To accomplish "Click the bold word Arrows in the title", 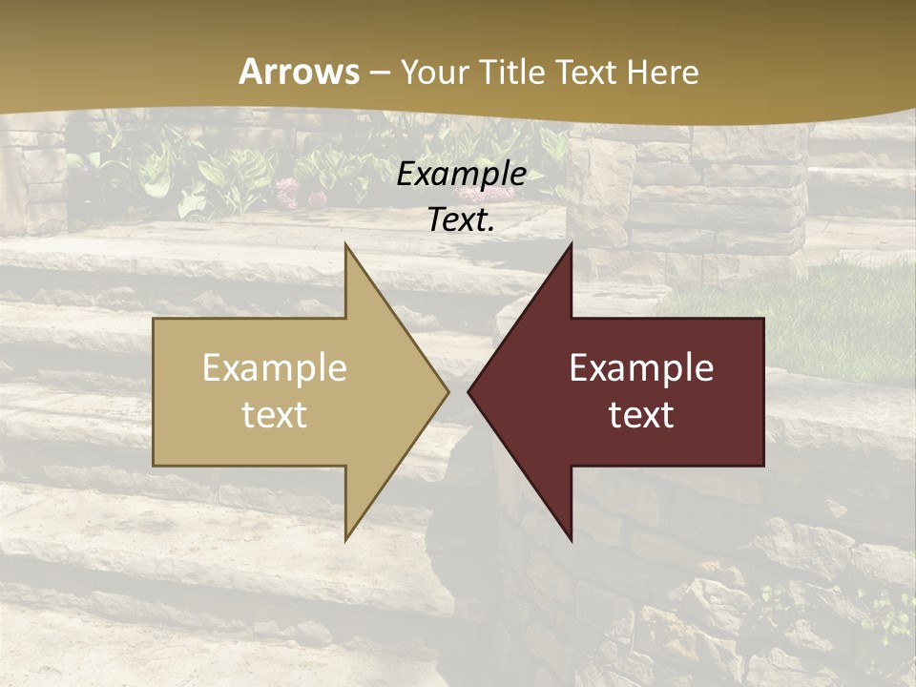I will point(299,72).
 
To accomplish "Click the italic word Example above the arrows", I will point(462,174).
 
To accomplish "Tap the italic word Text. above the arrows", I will point(462,219).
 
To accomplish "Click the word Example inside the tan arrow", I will point(275,368).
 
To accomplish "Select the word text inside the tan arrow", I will point(275,414).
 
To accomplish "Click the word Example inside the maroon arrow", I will point(641,368).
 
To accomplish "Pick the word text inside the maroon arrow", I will point(641,414).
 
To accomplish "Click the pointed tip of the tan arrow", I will point(448,391).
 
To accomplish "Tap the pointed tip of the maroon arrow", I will point(468,391).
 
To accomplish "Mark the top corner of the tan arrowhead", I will point(346,245).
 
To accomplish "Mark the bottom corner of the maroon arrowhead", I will point(571,539).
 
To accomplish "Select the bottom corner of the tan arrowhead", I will point(346,539).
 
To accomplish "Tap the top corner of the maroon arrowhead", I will point(571,245).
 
